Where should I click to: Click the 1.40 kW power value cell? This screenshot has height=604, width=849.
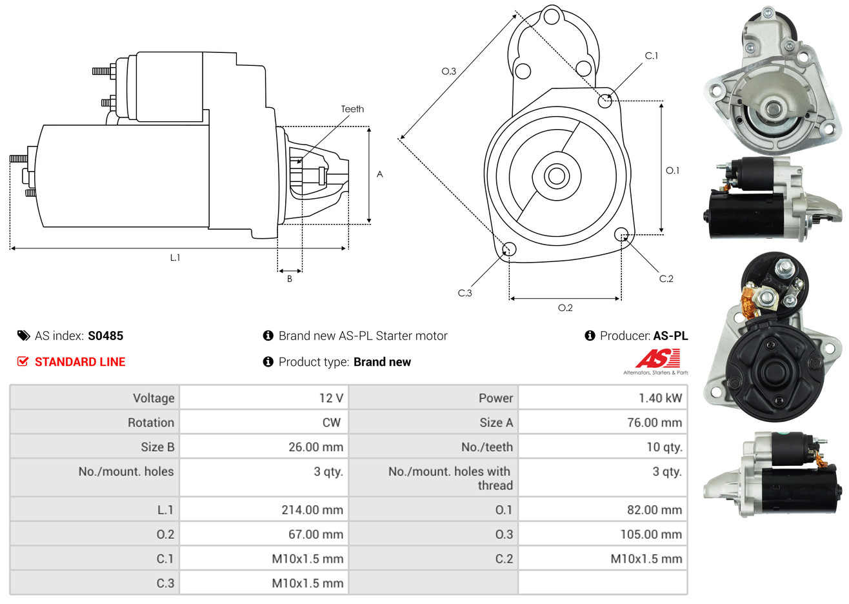point(659,398)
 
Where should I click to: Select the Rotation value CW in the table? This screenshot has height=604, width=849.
point(331,423)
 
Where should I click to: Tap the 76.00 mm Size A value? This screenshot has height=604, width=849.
point(654,423)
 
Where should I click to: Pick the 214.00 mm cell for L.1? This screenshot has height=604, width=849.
point(312,510)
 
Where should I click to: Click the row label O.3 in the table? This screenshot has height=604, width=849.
point(504,534)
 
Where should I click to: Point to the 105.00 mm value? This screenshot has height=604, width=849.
point(651,534)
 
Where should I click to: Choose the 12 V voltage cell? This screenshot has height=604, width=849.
point(331,398)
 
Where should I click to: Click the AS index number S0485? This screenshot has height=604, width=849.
point(105,336)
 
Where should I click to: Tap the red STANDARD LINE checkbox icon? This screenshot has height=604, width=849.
point(23,361)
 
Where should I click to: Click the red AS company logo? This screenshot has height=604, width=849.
point(657,358)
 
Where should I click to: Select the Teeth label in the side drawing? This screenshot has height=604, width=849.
point(352,109)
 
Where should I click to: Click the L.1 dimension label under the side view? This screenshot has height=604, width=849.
point(175,257)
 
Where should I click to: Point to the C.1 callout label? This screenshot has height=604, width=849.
point(652,56)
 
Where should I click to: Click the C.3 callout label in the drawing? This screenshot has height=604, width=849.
point(464,293)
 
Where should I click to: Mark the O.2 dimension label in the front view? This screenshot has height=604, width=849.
point(565,308)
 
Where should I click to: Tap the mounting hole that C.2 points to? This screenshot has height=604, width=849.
point(621,234)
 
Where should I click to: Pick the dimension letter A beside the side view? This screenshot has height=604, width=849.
point(379,174)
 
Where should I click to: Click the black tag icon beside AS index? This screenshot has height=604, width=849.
point(23,336)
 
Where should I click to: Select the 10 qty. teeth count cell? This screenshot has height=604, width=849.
point(664,447)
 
